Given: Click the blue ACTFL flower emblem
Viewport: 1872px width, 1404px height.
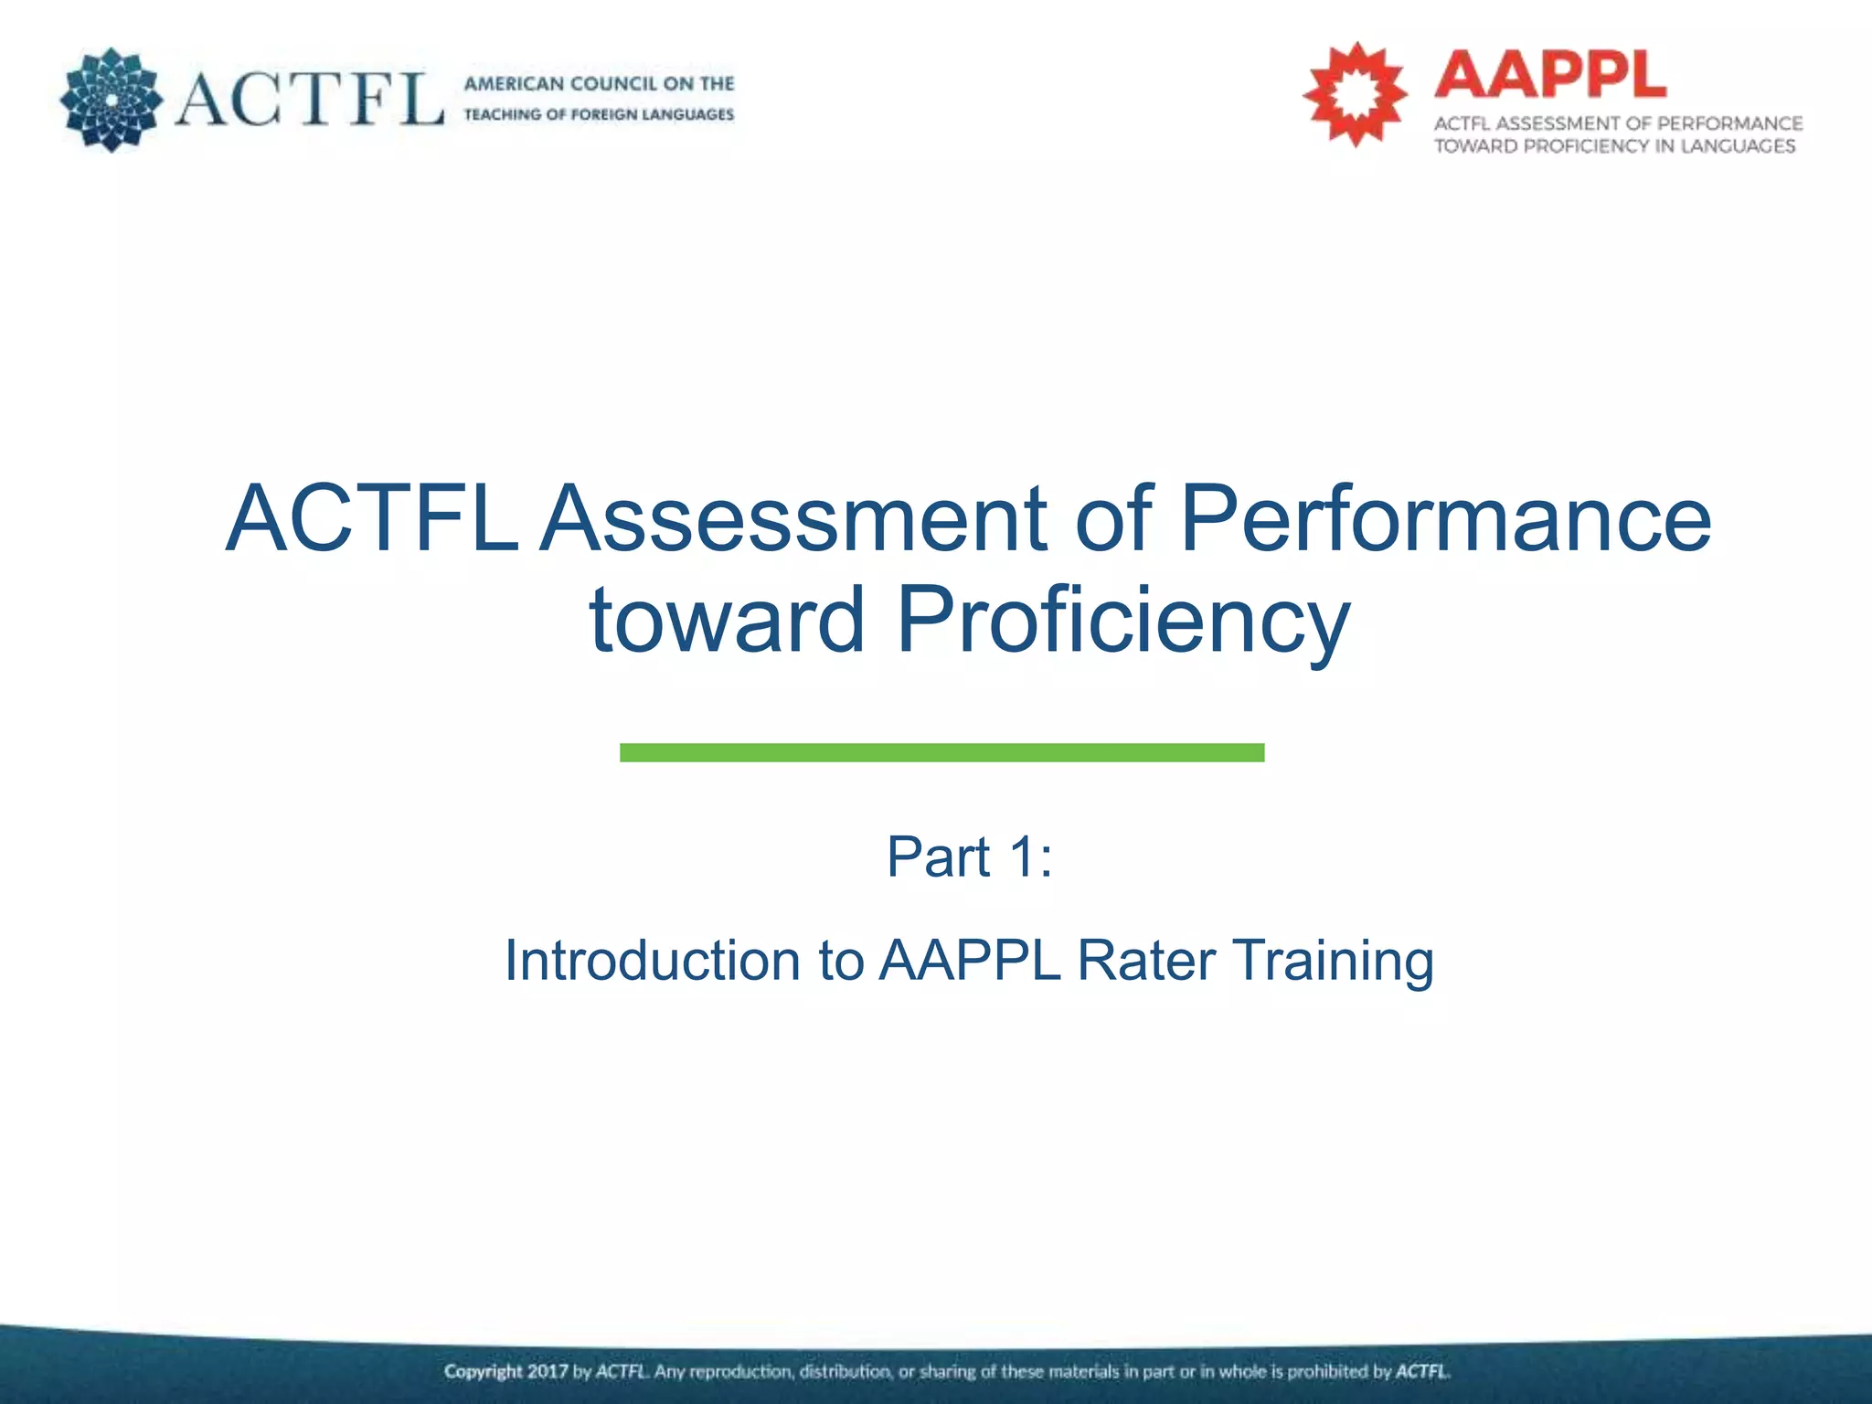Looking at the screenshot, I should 111,100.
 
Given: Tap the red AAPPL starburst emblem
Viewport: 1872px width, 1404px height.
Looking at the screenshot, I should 1355,94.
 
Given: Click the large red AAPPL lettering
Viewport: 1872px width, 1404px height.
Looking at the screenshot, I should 1550,75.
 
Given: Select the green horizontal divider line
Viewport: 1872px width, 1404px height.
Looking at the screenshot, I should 941,752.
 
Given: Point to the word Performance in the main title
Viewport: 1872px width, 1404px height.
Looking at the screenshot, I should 1445,519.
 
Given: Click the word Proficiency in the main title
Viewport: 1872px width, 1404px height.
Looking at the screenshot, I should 1123,622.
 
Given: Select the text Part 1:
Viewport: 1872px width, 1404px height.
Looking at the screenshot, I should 969,857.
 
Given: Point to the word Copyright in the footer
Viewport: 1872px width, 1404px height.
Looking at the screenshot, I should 484,1372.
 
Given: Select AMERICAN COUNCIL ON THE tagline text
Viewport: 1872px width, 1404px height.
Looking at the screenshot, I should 599,84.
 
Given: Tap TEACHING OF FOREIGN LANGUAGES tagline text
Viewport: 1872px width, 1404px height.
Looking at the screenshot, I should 599,114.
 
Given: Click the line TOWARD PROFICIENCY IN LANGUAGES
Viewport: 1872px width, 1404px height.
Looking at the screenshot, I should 1614,146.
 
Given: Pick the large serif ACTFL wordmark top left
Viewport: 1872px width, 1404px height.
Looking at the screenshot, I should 309,99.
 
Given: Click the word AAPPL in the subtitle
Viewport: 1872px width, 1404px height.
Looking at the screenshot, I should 970,961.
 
